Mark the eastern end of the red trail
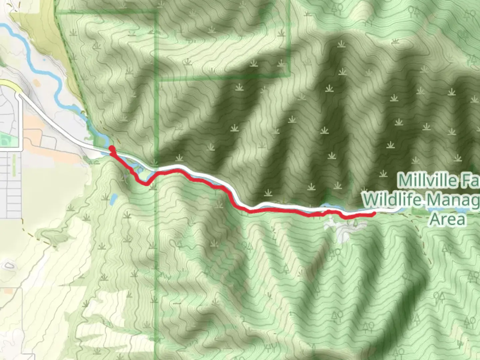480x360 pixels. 374,214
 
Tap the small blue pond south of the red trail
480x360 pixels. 113,199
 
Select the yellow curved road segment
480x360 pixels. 10,84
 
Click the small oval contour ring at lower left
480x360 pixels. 8,266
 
